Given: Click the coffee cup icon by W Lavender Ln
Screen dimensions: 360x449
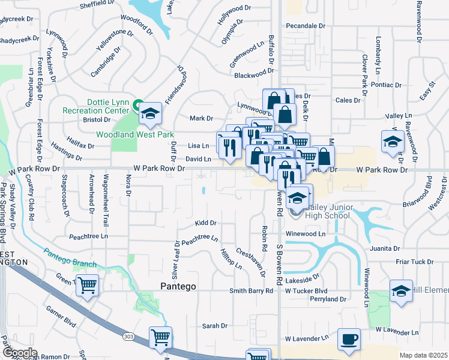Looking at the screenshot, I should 349,338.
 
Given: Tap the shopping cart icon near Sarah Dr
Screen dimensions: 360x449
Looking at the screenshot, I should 160,337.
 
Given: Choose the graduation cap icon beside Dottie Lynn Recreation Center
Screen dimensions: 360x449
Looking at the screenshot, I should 148,113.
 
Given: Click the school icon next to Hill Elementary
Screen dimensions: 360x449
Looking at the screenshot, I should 401,290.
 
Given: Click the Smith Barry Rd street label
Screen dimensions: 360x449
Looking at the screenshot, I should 251,290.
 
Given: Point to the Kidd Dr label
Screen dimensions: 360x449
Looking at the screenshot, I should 205,223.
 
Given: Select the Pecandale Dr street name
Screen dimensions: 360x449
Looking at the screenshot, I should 305,26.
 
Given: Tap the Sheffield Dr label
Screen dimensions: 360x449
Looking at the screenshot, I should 97,4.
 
